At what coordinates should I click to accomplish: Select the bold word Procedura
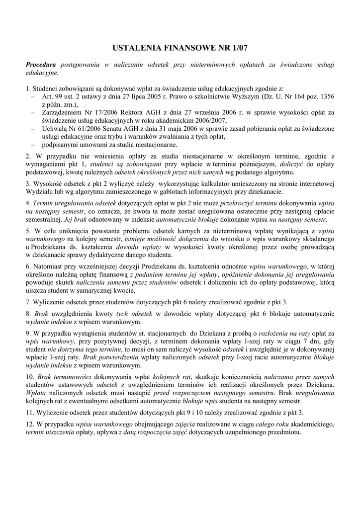[41, 65]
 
